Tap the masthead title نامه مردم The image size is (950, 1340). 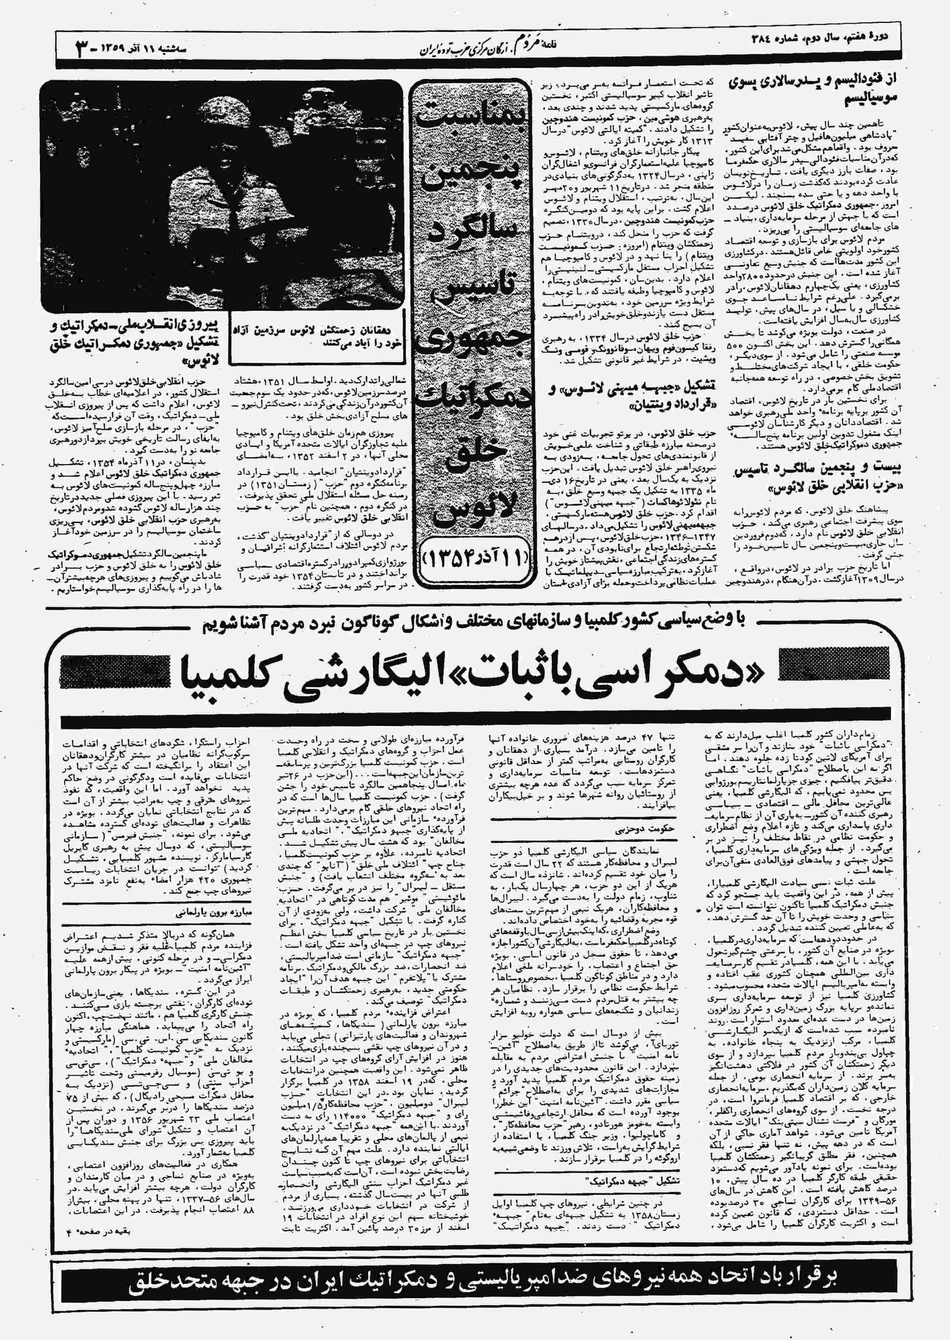[543, 46]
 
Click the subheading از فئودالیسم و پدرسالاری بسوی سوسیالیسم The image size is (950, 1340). [816, 90]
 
